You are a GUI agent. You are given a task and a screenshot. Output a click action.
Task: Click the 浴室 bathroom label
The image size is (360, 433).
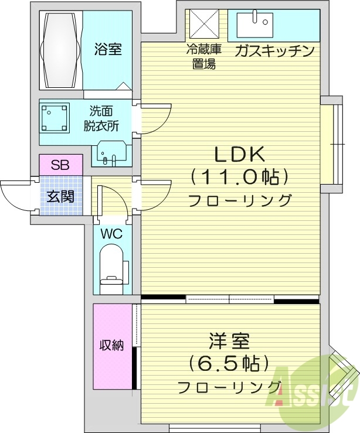[108, 49]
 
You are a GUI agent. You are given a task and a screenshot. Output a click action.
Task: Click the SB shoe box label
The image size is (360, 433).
[60, 165]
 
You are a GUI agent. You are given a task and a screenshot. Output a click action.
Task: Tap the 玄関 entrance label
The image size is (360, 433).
[60, 196]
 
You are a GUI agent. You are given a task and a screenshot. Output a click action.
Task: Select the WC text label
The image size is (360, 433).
[111, 234]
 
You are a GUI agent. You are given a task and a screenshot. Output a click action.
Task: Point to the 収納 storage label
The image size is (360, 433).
[111, 345]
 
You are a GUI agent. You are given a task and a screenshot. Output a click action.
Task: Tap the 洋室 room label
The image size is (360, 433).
[229, 342]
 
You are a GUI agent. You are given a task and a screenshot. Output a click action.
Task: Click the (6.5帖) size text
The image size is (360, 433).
[229, 364]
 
